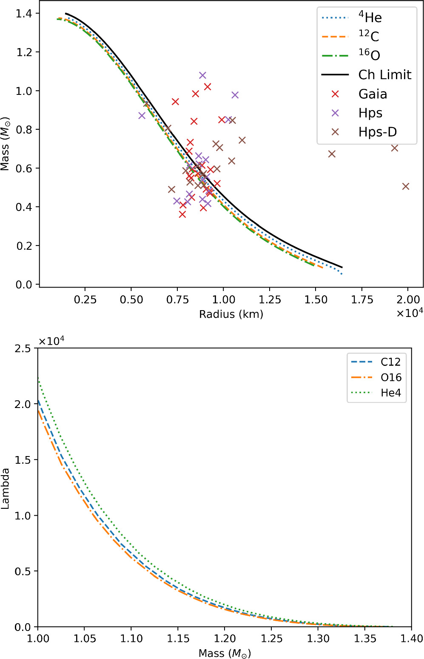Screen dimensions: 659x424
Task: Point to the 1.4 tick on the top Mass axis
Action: [24, 14]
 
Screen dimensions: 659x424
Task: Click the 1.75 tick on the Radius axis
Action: [361, 300]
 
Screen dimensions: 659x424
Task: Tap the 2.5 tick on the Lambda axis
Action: [23, 348]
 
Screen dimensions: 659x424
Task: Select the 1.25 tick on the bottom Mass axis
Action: [271, 639]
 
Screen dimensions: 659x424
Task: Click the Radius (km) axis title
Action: [231, 314]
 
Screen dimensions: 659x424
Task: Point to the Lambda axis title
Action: [6, 488]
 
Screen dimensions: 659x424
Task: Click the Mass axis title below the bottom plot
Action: [225, 653]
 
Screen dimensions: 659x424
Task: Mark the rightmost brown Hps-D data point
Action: [406, 186]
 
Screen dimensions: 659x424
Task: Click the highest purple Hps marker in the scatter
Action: [202, 75]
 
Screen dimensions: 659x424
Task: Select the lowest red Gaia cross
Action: [182, 214]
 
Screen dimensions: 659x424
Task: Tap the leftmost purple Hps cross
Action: [142, 115]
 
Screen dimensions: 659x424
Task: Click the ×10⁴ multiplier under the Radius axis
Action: [410, 314]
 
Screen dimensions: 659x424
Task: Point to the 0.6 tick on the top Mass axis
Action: [24, 168]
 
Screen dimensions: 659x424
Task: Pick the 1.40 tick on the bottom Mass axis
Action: [411, 639]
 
